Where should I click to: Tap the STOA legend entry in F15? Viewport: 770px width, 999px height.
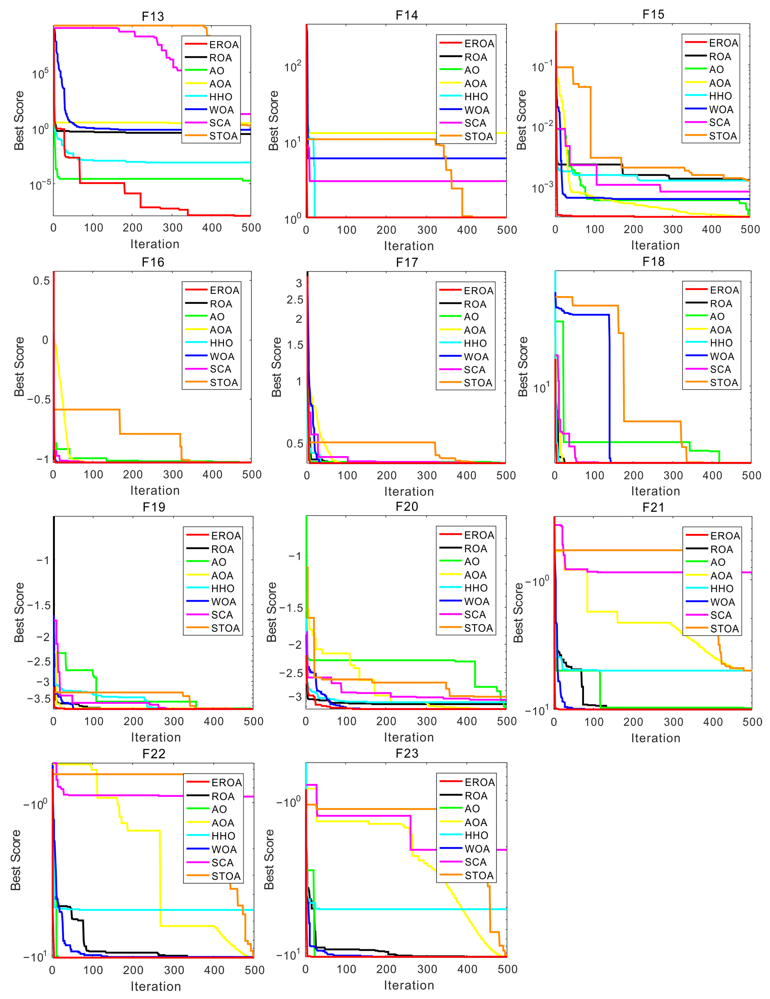723,136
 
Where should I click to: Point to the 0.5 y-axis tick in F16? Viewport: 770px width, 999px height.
41,281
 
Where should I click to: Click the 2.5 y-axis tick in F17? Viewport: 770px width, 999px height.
295,300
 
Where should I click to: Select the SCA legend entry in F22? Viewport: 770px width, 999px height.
222,863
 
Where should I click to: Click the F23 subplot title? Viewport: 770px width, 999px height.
407,753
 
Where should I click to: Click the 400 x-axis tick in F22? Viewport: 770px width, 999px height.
214,970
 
